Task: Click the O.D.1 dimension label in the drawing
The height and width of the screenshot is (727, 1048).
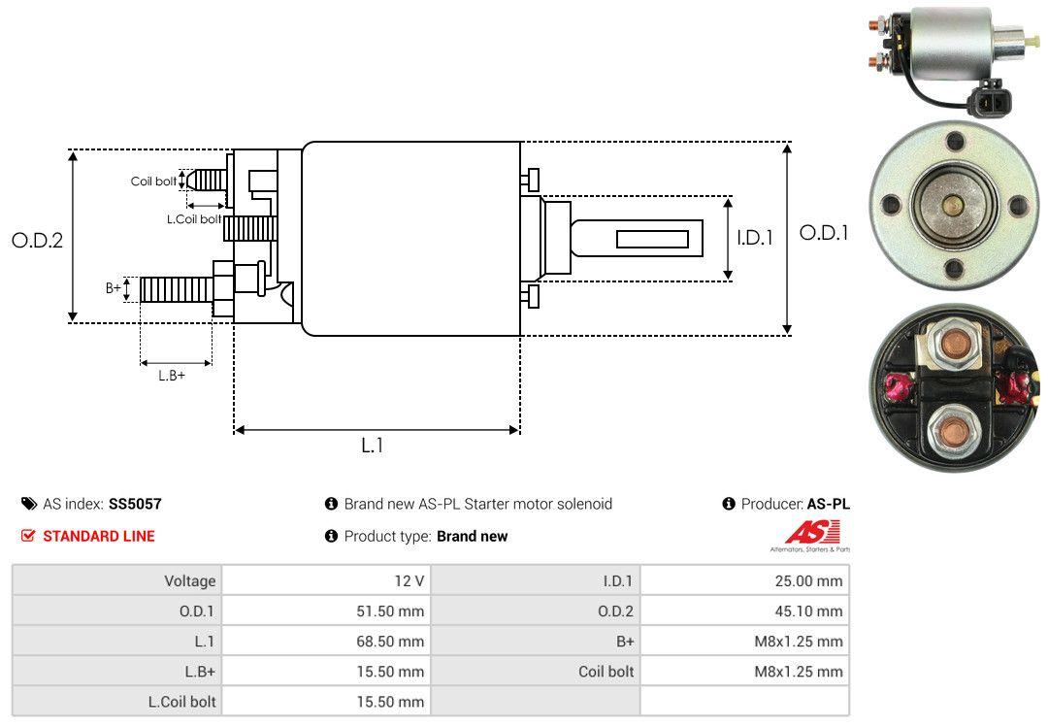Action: coord(824,233)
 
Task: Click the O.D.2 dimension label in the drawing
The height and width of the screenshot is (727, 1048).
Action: coord(37,240)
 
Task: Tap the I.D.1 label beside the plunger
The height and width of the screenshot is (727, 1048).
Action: coord(754,237)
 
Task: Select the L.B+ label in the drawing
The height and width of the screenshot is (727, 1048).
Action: coord(172,375)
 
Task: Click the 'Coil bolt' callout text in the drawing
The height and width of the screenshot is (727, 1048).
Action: coord(153,182)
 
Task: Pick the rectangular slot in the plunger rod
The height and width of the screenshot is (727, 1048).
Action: coord(652,239)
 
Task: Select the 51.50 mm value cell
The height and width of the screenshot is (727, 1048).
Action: coord(392,611)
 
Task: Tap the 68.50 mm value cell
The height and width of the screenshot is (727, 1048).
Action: coord(392,641)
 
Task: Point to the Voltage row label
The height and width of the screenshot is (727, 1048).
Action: coord(189,580)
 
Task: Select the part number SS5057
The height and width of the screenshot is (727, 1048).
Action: coord(135,504)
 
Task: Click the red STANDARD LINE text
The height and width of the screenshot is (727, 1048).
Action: coord(98,536)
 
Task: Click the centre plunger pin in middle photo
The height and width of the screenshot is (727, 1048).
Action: coord(953,205)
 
